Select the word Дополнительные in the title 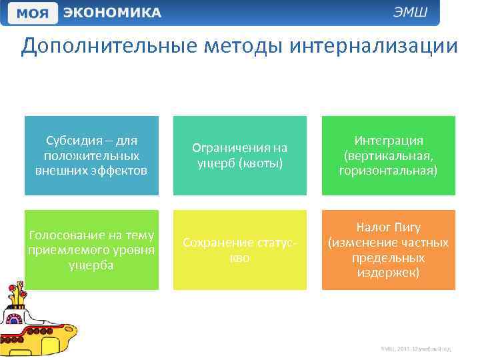(x=96, y=47)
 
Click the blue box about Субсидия (x=91, y=155)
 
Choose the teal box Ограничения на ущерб (x=239, y=155)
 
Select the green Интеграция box (x=388, y=155)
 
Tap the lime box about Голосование (x=91, y=249)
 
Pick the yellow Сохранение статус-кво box (x=239, y=249)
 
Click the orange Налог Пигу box (x=388, y=249)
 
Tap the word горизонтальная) (x=388, y=170)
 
